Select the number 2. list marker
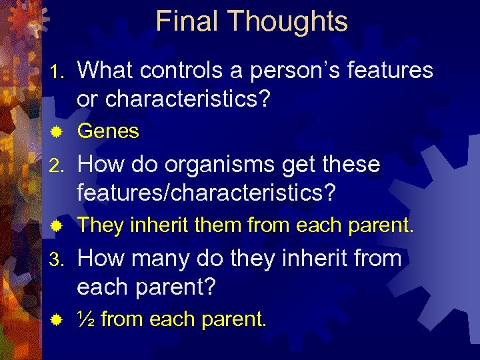pos(59,165)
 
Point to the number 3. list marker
pos(59,259)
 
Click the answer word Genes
pos(108,132)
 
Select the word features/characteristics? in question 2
pos(207,193)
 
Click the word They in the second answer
pos(101,226)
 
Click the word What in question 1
pos(108,71)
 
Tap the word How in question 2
pos(99,165)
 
